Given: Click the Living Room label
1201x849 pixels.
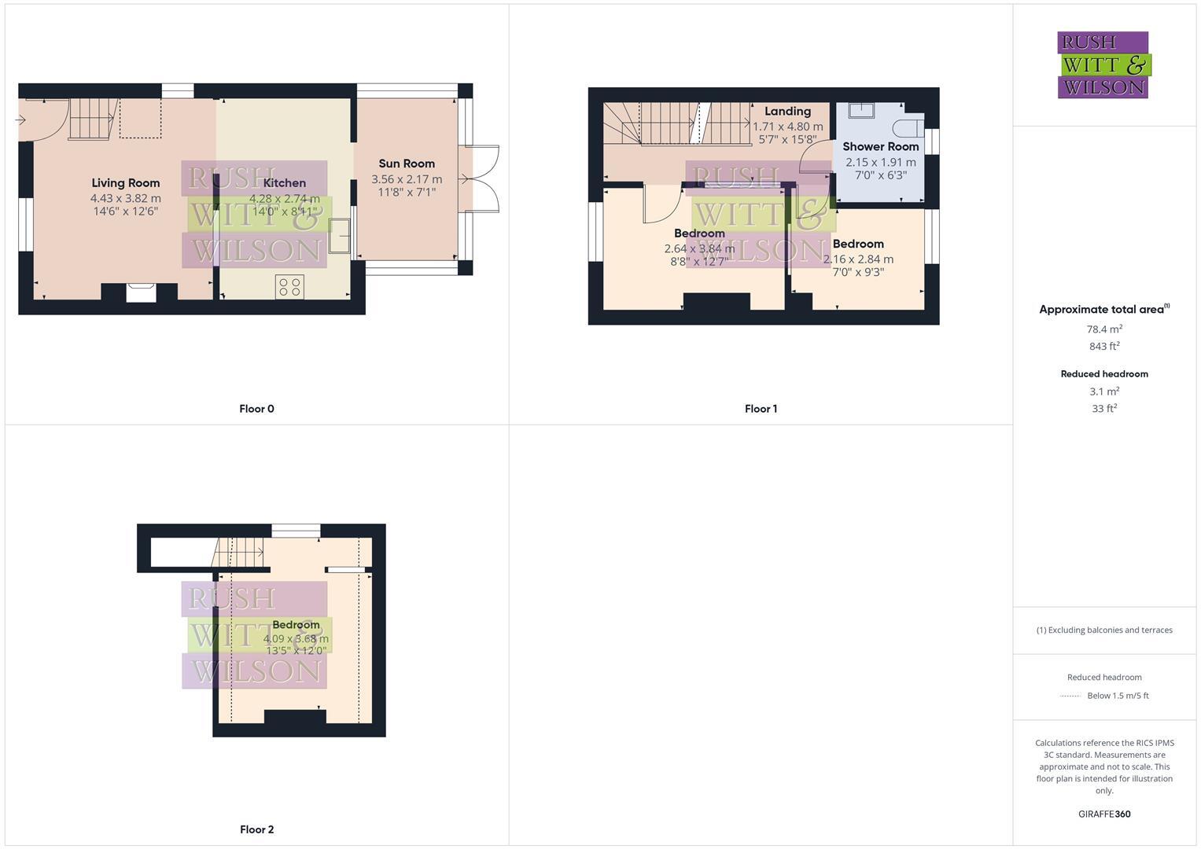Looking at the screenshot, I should [126, 183].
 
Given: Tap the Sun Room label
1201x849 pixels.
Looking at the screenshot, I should [407, 164].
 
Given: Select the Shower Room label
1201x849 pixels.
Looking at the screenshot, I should [880, 146].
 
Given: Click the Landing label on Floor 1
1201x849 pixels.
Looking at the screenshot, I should [787, 112].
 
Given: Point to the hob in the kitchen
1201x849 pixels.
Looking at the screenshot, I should [289, 286].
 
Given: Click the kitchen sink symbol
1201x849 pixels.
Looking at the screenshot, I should [340, 236].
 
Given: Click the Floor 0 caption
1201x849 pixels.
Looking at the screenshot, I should [256, 409].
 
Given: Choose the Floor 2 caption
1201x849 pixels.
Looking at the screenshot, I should [256, 829].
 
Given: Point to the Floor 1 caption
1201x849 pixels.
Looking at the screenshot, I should [761, 409].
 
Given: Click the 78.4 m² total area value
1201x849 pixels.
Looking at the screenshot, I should [1104, 329].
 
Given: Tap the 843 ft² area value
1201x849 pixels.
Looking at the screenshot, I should [1104, 347].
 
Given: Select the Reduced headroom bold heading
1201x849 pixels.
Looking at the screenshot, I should [1104, 374].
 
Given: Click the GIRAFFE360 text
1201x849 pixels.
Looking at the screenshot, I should [1104, 814].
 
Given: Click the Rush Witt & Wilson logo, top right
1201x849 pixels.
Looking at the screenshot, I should [1103, 65].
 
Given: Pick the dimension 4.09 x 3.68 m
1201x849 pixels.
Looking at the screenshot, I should [296, 639].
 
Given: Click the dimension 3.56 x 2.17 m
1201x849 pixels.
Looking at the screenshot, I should [407, 179].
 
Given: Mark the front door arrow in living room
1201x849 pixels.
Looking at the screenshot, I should [21, 120].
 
